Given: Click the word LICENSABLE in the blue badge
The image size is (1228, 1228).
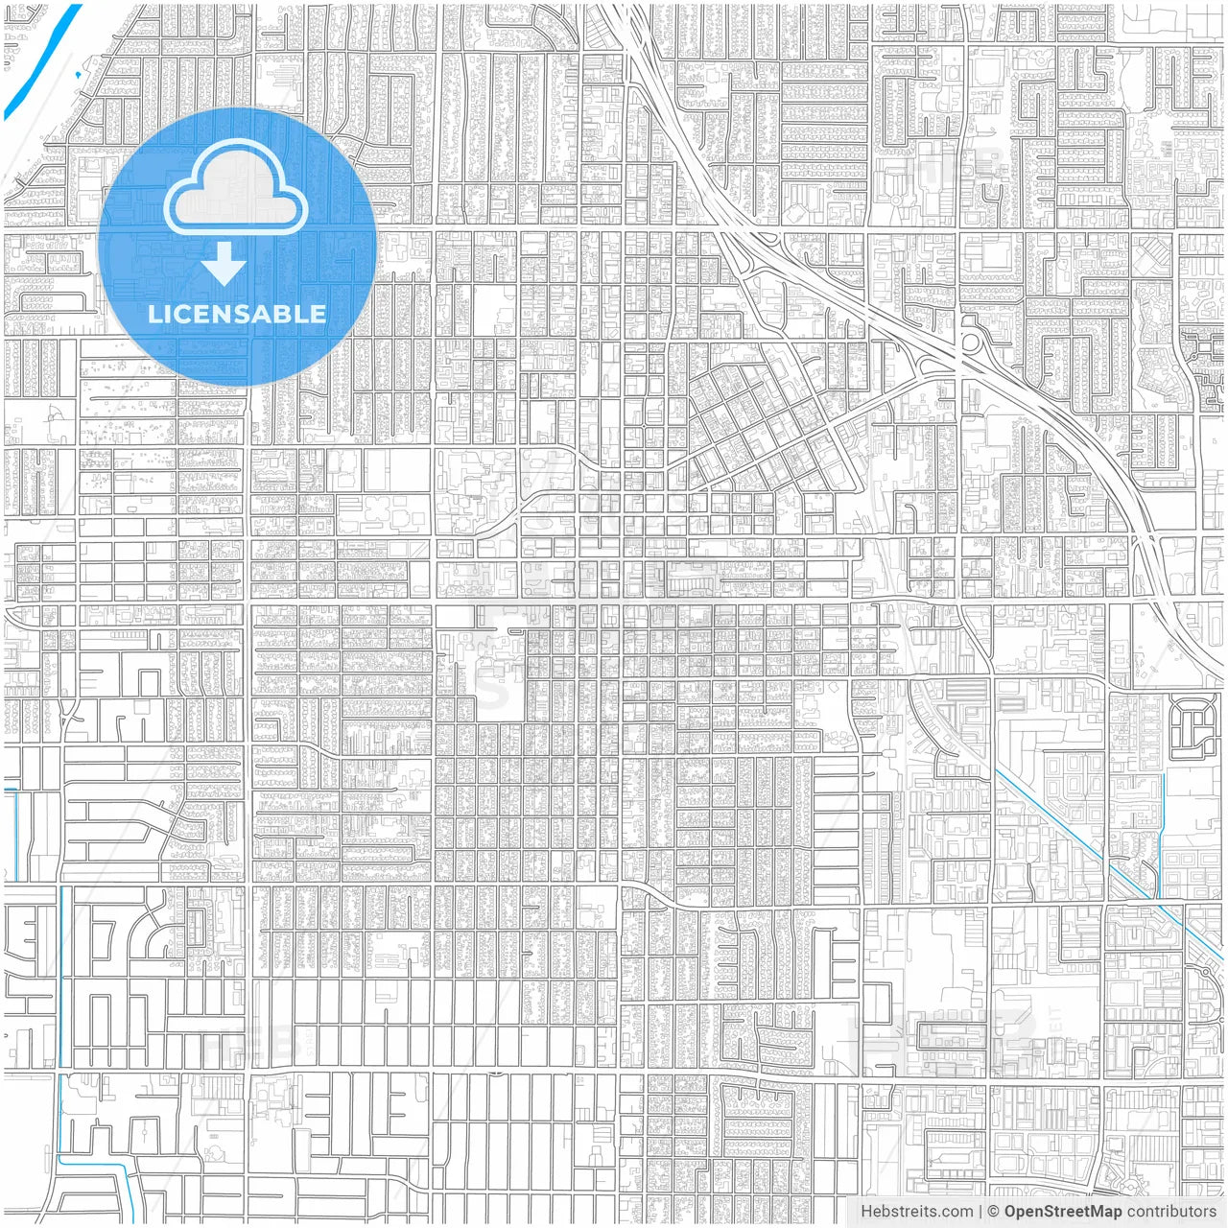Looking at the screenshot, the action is pyautogui.click(x=236, y=314).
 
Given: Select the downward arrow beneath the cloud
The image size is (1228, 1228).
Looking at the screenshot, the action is pyautogui.click(x=224, y=263).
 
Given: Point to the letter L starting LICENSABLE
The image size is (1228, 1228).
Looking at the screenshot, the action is pyautogui.click(x=153, y=314).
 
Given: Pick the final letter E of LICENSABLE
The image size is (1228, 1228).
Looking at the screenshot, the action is pyautogui.click(x=317, y=314).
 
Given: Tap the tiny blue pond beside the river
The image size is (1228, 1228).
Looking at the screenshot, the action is pyautogui.click(x=78, y=74).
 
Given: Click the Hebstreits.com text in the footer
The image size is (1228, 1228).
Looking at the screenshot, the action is pyautogui.click(x=916, y=1211).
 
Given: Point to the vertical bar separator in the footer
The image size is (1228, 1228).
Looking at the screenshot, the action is pyautogui.click(x=980, y=1211).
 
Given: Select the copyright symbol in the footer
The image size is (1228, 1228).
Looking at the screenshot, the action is pyautogui.click(x=994, y=1211).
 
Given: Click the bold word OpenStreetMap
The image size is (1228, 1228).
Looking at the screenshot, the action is pyautogui.click(x=1063, y=1211).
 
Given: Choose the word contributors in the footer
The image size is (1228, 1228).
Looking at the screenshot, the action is pyautogui.click(x=1171, y=1211).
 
